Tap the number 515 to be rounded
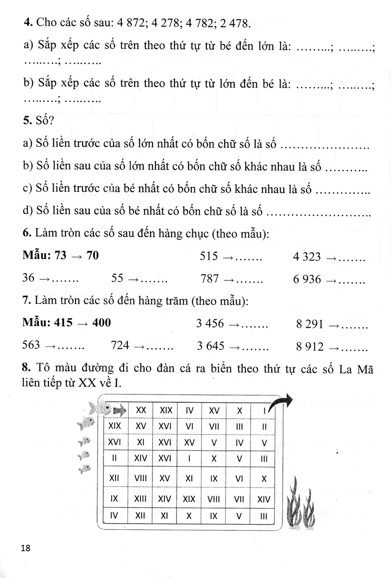[209, 257]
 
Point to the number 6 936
[307, 279]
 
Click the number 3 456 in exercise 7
[210, 324]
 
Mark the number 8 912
[310, 346]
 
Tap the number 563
[32, 346]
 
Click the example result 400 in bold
[101, 323]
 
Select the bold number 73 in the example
[60, 256]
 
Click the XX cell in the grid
[141, 410]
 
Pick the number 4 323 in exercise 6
[307, 257]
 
